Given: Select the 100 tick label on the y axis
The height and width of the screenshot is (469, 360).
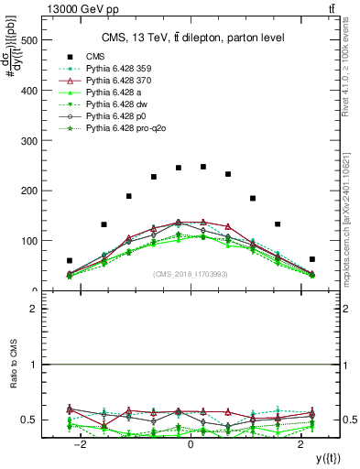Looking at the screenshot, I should pos(28,241).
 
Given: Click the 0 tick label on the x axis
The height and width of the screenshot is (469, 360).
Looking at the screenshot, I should pos(191,444).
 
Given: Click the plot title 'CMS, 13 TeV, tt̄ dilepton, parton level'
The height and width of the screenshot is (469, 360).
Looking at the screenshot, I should pos(191,38).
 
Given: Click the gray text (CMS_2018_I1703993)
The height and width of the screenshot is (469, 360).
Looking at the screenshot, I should pos(191,274).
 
